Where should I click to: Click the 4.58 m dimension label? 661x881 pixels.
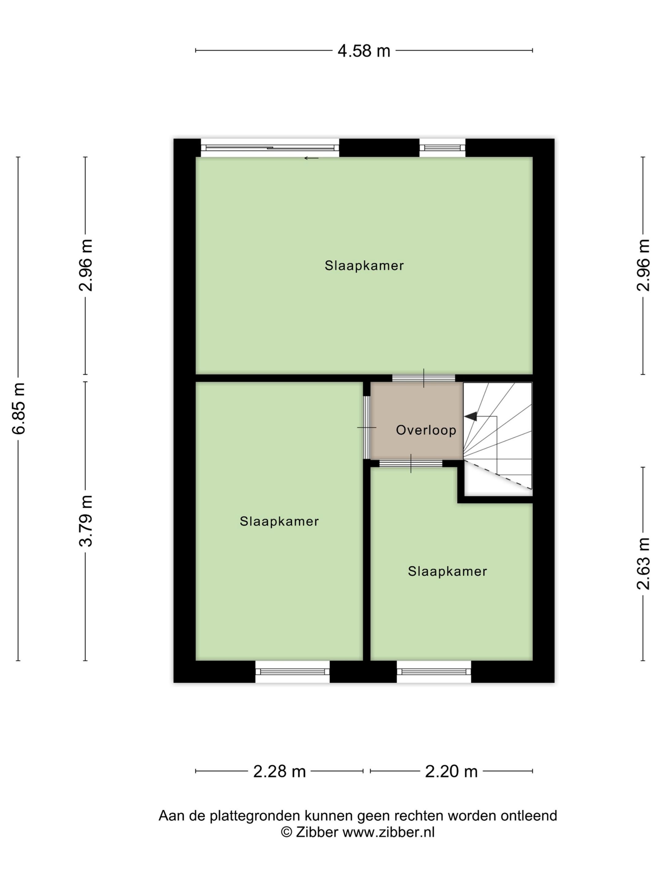coord(363,51)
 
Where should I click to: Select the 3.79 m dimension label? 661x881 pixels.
coord(86,521)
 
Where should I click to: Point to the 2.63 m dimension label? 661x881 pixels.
coord(643,563)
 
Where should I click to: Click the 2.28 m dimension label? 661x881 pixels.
coord(279,771)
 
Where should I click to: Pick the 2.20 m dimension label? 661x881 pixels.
coord(451,771)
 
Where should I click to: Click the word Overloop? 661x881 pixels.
coord(426,430)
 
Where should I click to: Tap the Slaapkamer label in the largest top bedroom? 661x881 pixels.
coord(364,266)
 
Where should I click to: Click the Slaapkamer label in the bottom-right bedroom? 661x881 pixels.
coord(447,571)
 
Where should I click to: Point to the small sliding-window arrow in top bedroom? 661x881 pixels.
coord(311,158)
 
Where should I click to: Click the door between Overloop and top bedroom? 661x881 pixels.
coord(423,378)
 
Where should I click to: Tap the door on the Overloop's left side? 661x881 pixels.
coord(367,427)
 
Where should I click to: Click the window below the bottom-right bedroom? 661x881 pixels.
coord(434,671)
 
